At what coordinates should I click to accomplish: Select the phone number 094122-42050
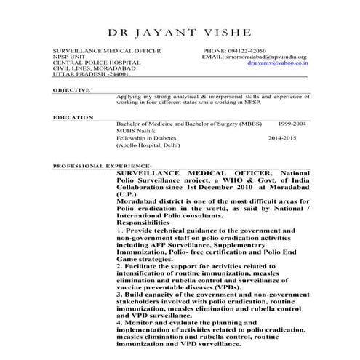(x=249, y=51)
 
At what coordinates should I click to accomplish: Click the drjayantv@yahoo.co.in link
(x=277, y=63)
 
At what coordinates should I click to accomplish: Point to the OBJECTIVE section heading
(x=71, y=91)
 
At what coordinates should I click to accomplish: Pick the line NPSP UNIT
(x=69, y=57)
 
